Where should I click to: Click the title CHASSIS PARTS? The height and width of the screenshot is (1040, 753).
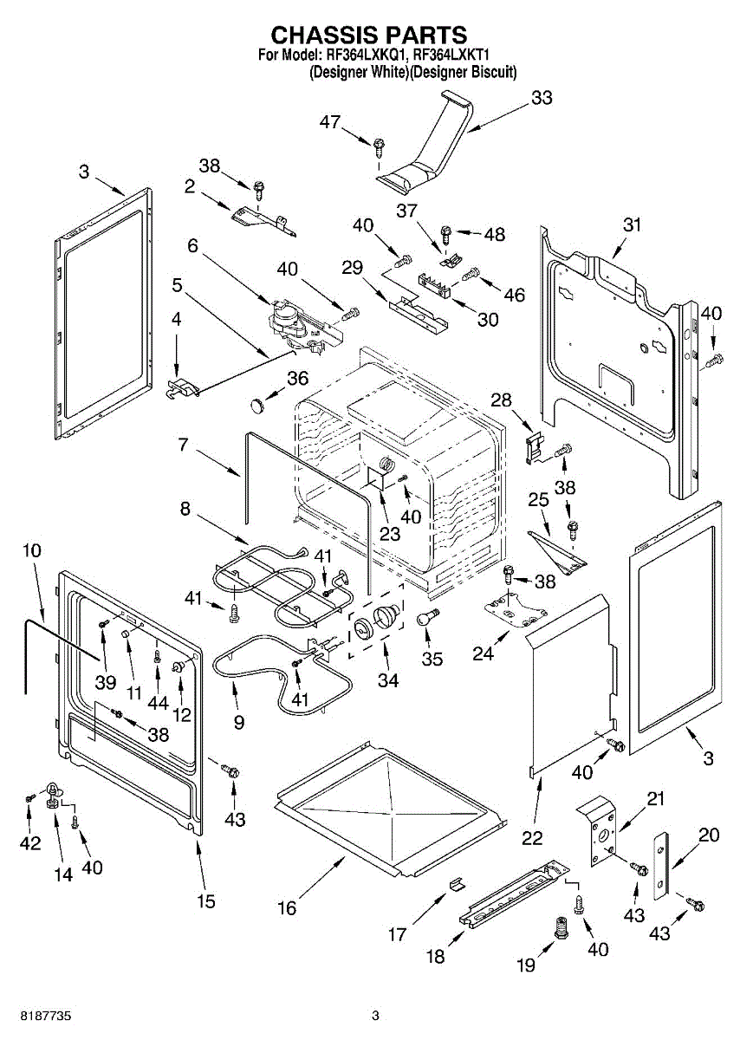pos(369,35)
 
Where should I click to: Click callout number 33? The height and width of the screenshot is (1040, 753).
pos(542,98)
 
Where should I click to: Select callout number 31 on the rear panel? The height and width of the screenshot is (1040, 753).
pos(633,224)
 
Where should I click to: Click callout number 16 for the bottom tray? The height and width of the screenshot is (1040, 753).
pos(286,907)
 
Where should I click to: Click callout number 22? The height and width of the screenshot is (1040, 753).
pos(532,837)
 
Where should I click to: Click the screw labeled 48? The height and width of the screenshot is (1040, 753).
pos(445,232)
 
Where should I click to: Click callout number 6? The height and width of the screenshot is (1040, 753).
pos(192,246)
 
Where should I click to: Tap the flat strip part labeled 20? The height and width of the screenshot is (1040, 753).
pos(662,865)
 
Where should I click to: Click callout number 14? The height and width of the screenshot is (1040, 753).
pos(63,874)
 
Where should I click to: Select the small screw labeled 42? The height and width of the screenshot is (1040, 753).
pos(29,796)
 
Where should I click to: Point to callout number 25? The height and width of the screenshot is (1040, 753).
pos(538,501)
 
